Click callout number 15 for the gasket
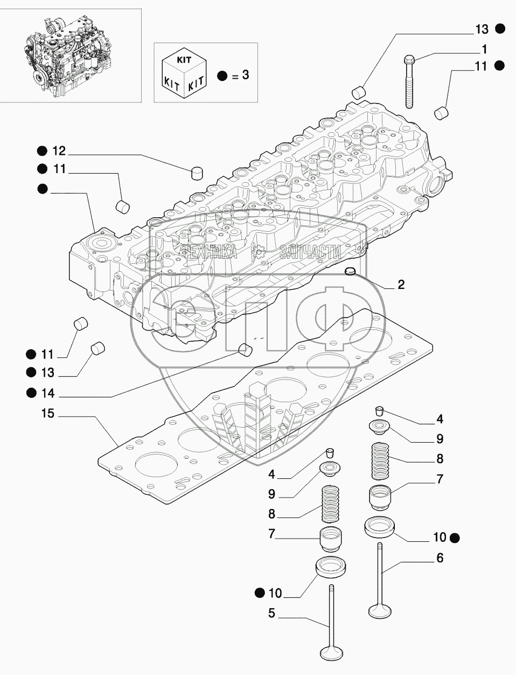48,414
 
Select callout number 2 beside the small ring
401,285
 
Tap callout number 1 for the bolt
484,50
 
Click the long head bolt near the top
409,81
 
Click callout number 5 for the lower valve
271,613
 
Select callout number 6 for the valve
440,559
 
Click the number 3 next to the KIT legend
245,75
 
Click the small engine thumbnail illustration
57,55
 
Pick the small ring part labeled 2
351,270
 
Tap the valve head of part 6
380,611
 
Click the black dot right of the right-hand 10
456,537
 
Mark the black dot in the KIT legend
222,75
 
